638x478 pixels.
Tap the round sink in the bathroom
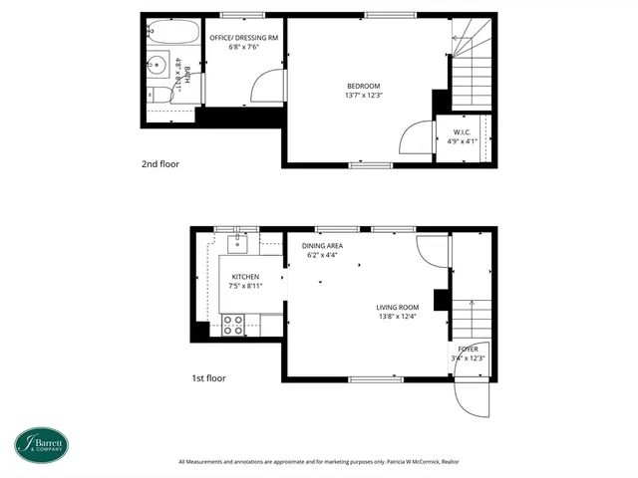coord(159,67)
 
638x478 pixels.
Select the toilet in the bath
coord(159,96)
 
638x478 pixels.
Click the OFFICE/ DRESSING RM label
coord(244,37)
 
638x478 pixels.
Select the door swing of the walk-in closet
coord(411,137)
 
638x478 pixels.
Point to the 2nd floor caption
coord(160,163)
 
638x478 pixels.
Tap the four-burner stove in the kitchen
coord(233,323)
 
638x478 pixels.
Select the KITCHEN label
coord(245,277)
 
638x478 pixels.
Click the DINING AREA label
coord(323,245)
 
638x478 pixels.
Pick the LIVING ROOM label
coord(397,307)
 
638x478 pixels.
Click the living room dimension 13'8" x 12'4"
coord(397,317)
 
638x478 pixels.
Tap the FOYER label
coord(468,349)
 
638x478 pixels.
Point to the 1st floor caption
coord(208,378)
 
